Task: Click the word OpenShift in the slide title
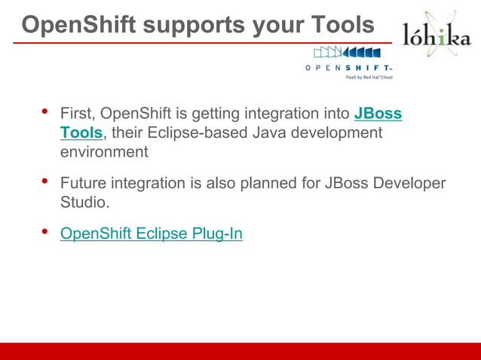pyautogui.click(x=76, y=24)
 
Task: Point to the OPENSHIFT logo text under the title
pyautogui.click(x=348, y=67)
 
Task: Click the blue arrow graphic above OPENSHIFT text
pyautogui.click(x=347, y=53)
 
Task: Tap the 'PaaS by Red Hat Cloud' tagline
pyautogui.click(x=369, y=77)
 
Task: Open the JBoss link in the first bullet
pyautogui.click(x=378, y=114)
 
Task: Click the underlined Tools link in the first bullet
pyautogui.click(x=81, y=133)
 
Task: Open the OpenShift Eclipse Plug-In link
pyautogui.click(x=151, y=233)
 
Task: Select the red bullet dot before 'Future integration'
pyautogui.click(x=44, y=182)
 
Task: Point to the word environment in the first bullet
pyautogui.click(x=104, y=151)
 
